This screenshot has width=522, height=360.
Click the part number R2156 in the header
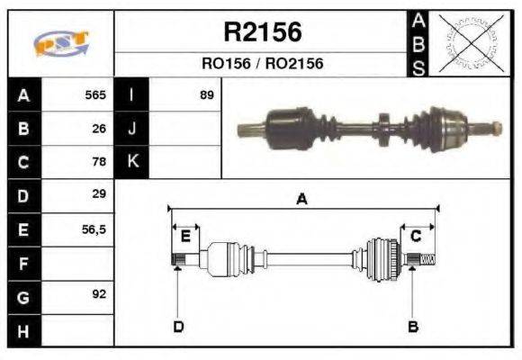262,32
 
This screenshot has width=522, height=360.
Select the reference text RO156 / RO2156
262,64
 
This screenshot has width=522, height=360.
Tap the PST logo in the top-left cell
61,44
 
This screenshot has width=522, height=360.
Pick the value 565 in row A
95,94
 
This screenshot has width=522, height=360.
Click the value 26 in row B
99,128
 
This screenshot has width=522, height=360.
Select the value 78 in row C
99,162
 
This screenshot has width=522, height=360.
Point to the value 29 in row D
99,193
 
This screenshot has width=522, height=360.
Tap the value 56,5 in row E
94,229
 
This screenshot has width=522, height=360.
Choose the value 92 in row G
99,294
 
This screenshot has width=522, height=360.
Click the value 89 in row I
207,94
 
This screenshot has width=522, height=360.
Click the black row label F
22,263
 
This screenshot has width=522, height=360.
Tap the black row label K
131,162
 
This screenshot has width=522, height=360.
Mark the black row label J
131,128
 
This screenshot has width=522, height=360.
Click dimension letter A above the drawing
302,200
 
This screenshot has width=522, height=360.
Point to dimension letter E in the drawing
184,237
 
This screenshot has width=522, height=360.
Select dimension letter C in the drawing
416,236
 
